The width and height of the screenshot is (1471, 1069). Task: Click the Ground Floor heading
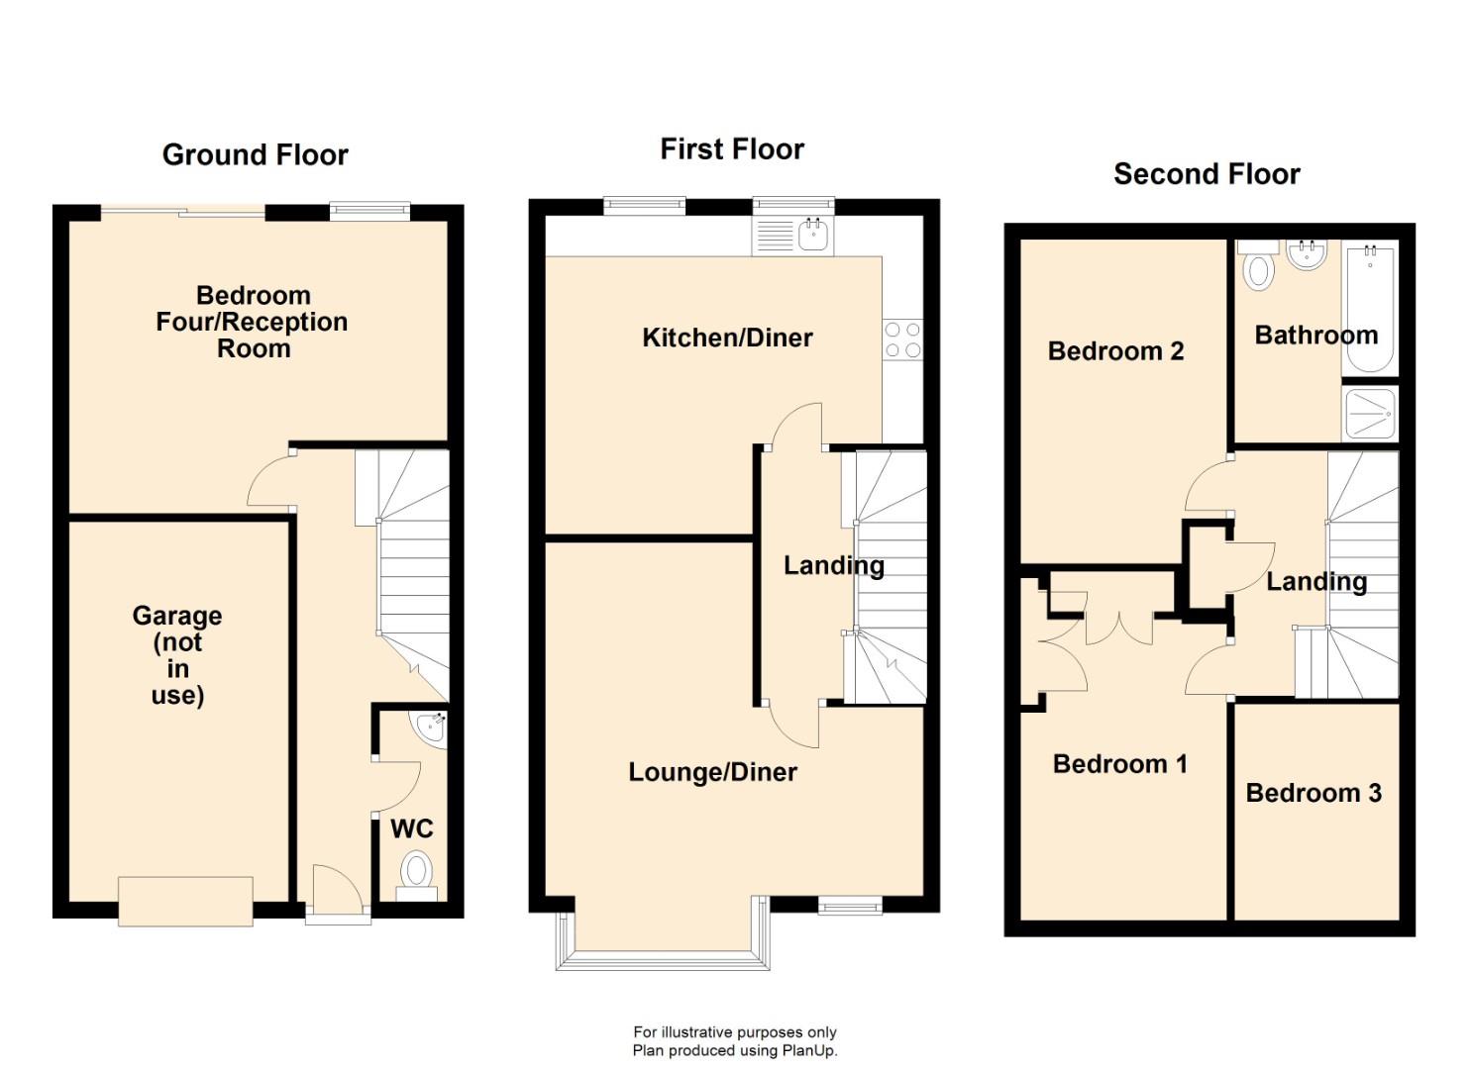(255, 155)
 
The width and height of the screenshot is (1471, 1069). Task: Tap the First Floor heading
(732, 149)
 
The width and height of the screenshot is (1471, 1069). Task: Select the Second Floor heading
(1207, 174)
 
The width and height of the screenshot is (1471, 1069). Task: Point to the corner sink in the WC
(433, 726)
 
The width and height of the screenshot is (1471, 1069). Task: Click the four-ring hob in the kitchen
(902, 339)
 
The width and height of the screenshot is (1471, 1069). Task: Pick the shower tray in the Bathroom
(1370, 413)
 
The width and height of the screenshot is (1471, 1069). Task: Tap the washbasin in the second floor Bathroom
(1307, 255)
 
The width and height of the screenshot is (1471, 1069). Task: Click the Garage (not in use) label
(177, 655)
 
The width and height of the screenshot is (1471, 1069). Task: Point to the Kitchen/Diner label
(727, 338)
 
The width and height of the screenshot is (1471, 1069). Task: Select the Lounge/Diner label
(712, 772)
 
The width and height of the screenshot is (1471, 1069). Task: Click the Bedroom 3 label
(1313, 793)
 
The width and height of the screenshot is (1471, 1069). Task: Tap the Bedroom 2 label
(1115, 351)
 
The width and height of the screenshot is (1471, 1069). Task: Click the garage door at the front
(185, 901)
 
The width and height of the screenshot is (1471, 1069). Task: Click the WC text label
(411, 828)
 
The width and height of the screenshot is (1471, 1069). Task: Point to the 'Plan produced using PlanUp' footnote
(734, 1051)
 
